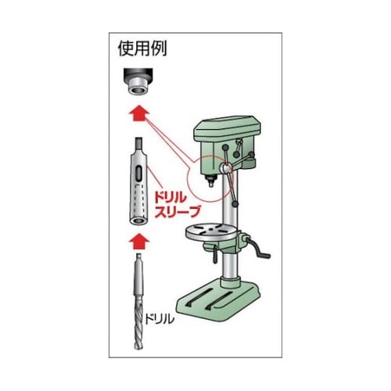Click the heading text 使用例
click(x=142, y=48)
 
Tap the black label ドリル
click(x=159, y=318)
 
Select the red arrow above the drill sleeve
click(x=139, y=113)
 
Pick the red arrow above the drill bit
click(x=139, y=242)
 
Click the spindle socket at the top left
click(x=137, y=81)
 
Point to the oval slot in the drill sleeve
click(x=138, y=174)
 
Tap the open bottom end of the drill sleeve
click(x=138, y=221)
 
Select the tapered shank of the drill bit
click(x=138, y=276)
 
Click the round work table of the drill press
click(x=210, y=232)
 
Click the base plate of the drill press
click(x=219, y=303)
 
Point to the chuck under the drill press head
click(x=210, y=181)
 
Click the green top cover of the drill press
click(x=228, y=129)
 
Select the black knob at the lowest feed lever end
click(x=235, y=204)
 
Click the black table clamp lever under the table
click(x=215, y=256)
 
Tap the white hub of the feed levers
click(x=225, y=168)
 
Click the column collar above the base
click(x=230, y=282)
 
